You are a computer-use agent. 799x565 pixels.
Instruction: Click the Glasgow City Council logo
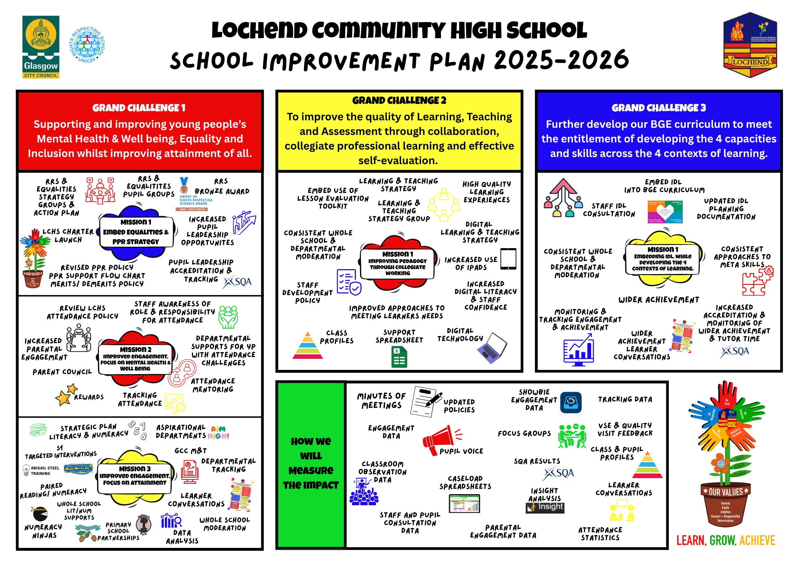(x=41, y=47)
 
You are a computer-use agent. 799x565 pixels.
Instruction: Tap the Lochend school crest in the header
(x=750, y=45)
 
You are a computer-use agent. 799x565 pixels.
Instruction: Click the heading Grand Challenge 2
(x=399, y=100)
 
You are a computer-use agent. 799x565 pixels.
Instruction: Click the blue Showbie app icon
(x=571, y=403)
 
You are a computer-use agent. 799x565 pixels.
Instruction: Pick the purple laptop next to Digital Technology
(x=492, y=348)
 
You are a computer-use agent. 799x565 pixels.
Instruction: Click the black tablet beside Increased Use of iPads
(x=508, y=259)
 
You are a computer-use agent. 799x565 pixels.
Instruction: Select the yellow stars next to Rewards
(x=66, y=395)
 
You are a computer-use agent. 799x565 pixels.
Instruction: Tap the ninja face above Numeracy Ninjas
(x=40, y=514)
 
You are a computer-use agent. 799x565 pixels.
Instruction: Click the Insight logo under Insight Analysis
(x=545, y=507)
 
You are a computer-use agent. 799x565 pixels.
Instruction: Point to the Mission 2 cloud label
(x=135, y=359)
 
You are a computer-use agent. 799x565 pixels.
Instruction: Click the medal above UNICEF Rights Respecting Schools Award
(x=184, y=185)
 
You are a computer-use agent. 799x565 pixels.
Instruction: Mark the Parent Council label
(x=62, y=372)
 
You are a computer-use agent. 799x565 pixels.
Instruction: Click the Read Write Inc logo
(x=78, y=469)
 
